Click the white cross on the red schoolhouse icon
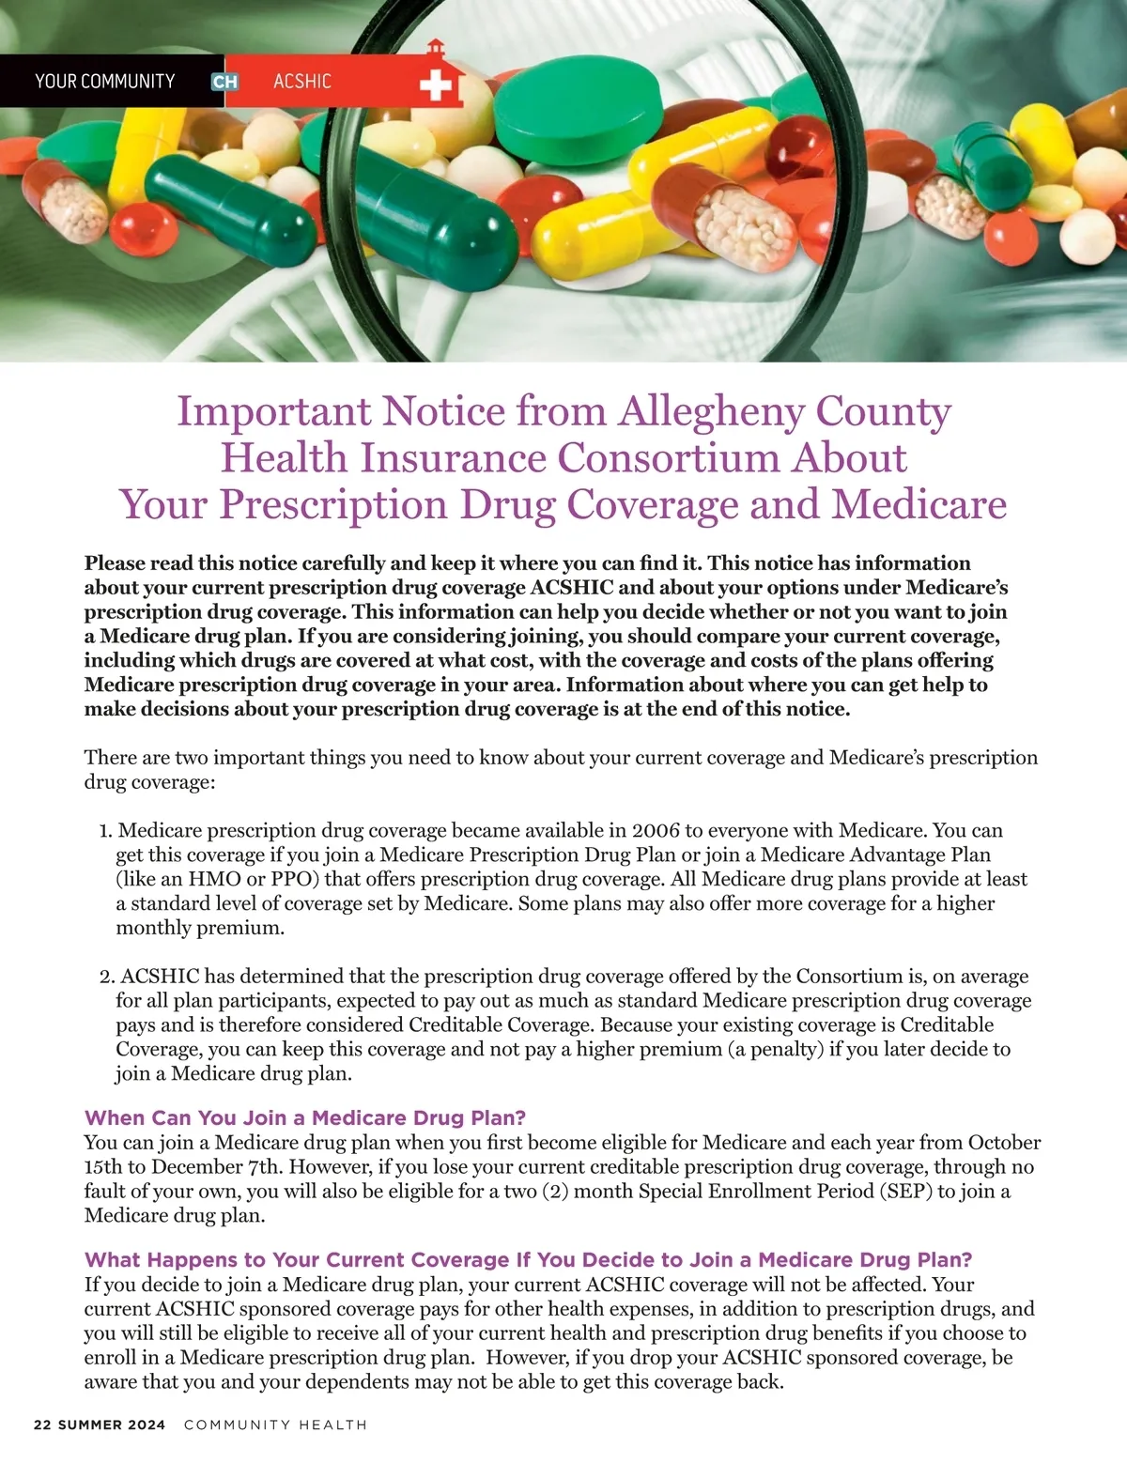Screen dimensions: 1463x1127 pyautogui.click(x=435, y=87)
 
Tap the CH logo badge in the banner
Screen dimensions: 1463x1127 pyautogui.click(x=224, y=82)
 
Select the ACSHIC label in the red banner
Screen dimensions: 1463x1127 pyautogui.click(x=301, y=82)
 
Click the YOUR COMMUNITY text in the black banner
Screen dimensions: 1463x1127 pyautogui.click(x=105, y=82)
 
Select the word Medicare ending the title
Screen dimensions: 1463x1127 pyautogui.click(x=919, y=504)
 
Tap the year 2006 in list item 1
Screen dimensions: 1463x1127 pyautogui.click(x=657, y=831)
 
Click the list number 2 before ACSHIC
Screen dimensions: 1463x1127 pyautogui.click(x=106, y=977)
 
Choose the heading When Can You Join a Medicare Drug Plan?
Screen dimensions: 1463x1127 pyautogui.click(x=305, y=1117)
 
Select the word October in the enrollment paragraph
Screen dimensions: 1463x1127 pyautogui.click(x=1004, y=1143)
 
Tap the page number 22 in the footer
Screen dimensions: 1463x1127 pyautogui.click(x=42, y=1424)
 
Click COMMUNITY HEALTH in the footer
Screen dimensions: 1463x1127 pyautogui.click(x=275, y=1424)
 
